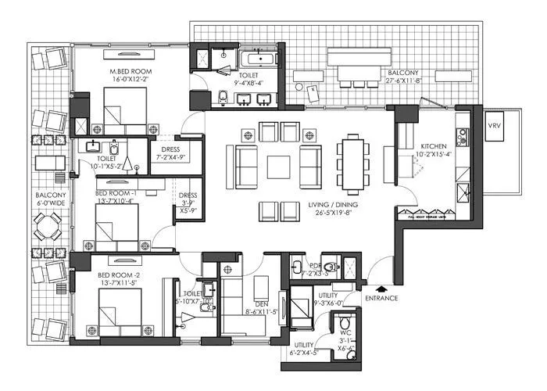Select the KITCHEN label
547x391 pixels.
[434, 146]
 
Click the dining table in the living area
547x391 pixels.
[352, 163]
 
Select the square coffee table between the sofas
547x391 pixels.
[279, 167]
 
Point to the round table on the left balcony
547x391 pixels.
[48, 228]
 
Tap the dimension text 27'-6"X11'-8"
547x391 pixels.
[405, 80]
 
